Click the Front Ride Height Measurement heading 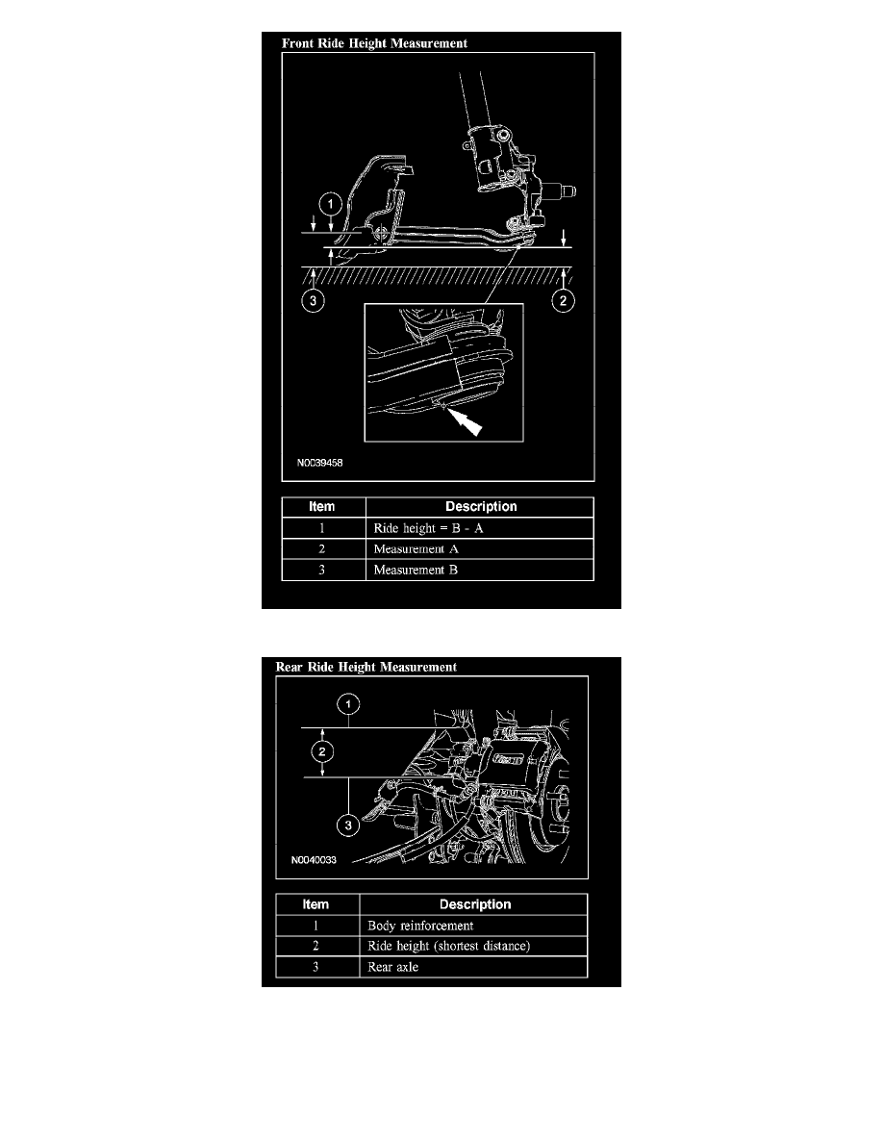point(374,43)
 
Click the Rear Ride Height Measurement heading point(366,667)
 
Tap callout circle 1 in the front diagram point(331,203)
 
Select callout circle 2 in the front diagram point(563,300)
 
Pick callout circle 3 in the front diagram point(314,300)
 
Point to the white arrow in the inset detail point(464,421)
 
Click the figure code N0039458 point(320,463)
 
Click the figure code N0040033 point(314,860)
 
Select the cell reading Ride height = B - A point(428,528)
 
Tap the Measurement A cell point(416,549)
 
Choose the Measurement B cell point(416,570)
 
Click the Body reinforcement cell point(420,926)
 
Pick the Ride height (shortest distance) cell point(449,946)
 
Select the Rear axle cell point(392,967)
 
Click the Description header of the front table point(481,507)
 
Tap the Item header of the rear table point(315,904)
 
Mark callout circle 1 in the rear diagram point(348,704)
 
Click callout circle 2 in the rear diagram point(322,752)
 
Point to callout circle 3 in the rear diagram point(348,825)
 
